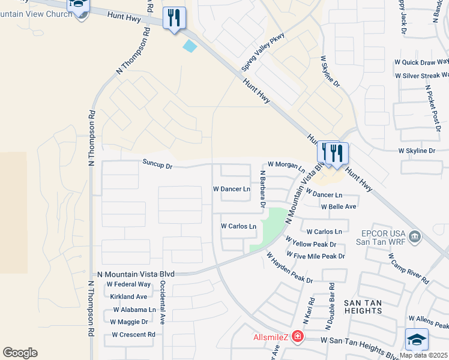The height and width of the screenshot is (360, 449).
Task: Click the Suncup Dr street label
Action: [x=157, y=163]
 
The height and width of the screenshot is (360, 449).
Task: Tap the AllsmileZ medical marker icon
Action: [x=297, y=339]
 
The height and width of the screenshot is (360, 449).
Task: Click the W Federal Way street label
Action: [x=128, y=284]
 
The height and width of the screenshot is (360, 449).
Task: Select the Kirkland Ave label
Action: [x=128, y=297]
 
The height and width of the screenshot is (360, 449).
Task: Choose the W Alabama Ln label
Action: [x=135, y=310]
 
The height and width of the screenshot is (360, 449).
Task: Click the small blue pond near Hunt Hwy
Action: [x=190, y=46]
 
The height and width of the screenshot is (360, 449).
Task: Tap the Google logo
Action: [x=20, y=353]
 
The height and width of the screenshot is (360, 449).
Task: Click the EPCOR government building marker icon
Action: [x=414, y=238]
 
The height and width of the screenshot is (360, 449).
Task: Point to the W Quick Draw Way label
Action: [x=421, y=62]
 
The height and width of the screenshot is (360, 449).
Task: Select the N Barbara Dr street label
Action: [x=262, y=189]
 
